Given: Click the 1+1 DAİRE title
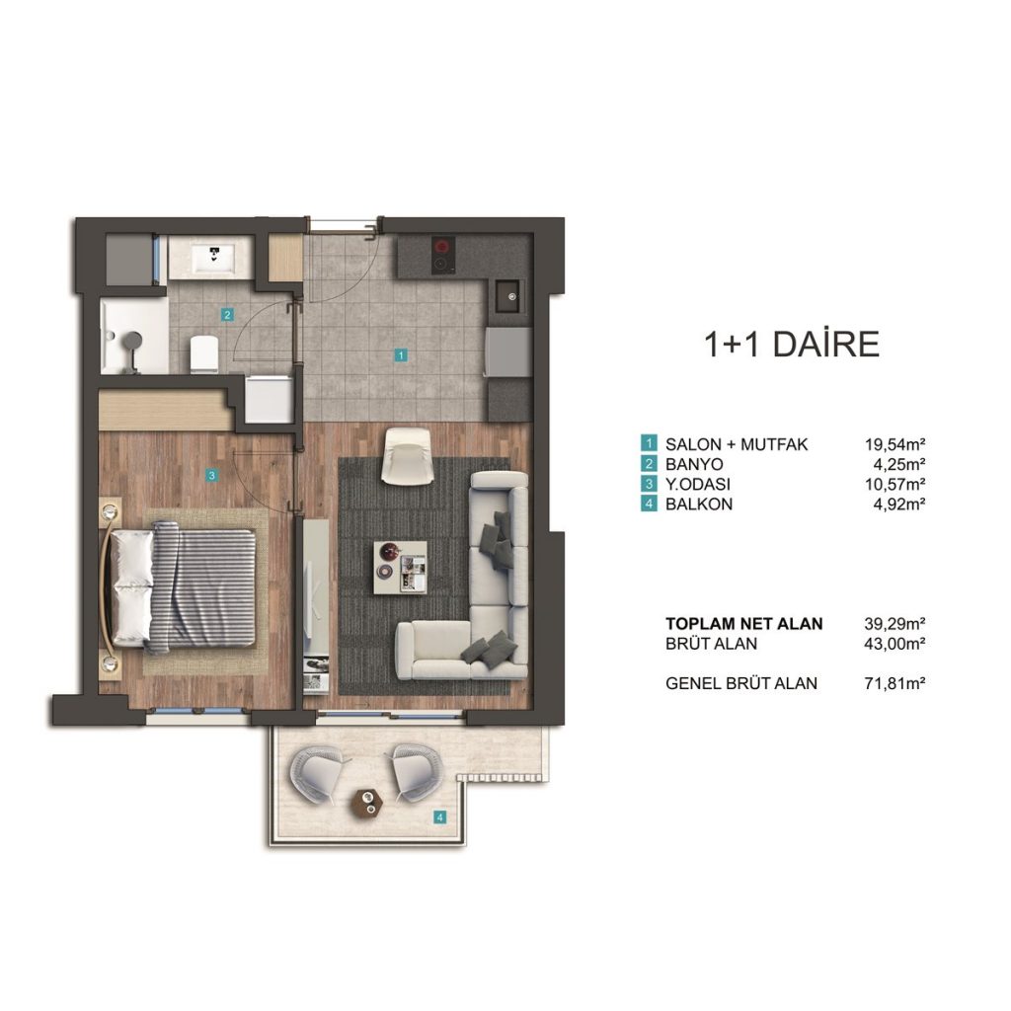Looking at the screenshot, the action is pyautogui.click(x=791, y=344).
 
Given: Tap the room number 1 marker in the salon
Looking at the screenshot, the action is pyautogui.click(x=401, y=354).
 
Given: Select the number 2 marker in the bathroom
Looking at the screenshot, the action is pyautogui.click(x=227, y=315).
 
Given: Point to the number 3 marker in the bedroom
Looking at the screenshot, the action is pyautogui.click(x=211, y=476).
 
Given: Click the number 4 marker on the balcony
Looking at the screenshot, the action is pyautogui.click(x=439, y=817).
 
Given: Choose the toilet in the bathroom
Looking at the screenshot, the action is pyautogui.click(x=204, y=353).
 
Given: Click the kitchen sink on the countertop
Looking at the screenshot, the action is pyautogui.click(x=510, y=296).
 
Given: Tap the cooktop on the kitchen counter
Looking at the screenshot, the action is pyautogui.click(x=443, y=254).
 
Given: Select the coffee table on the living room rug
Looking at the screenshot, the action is pyautogui.click(x=400, y=567).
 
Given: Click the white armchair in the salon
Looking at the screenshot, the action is pyautogui.click(x=407, y=456).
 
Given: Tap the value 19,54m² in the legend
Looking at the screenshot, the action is pyautogui.click(x=894, y=443).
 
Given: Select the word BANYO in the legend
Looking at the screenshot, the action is pyautogui.click(x=694, y=464).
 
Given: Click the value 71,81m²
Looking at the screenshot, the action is pyautogui.click(x=894, y=683).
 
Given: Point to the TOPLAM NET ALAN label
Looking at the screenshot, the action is pyautogui.click(x=744, y=624).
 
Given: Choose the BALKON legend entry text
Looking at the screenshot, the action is pyautogui.click(x=699, y=504).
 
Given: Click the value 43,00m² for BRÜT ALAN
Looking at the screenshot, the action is pyautogui.click(x=894, y=643).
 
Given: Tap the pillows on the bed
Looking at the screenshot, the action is pyautogui.click(x=133, y=586).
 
